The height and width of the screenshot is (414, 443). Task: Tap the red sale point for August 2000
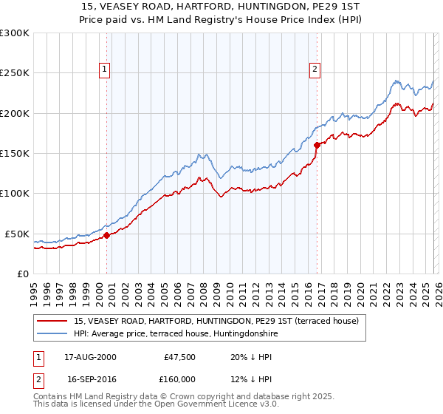106,235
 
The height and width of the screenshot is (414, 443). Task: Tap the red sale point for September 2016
317,145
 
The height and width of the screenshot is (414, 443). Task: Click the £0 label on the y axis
24,274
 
